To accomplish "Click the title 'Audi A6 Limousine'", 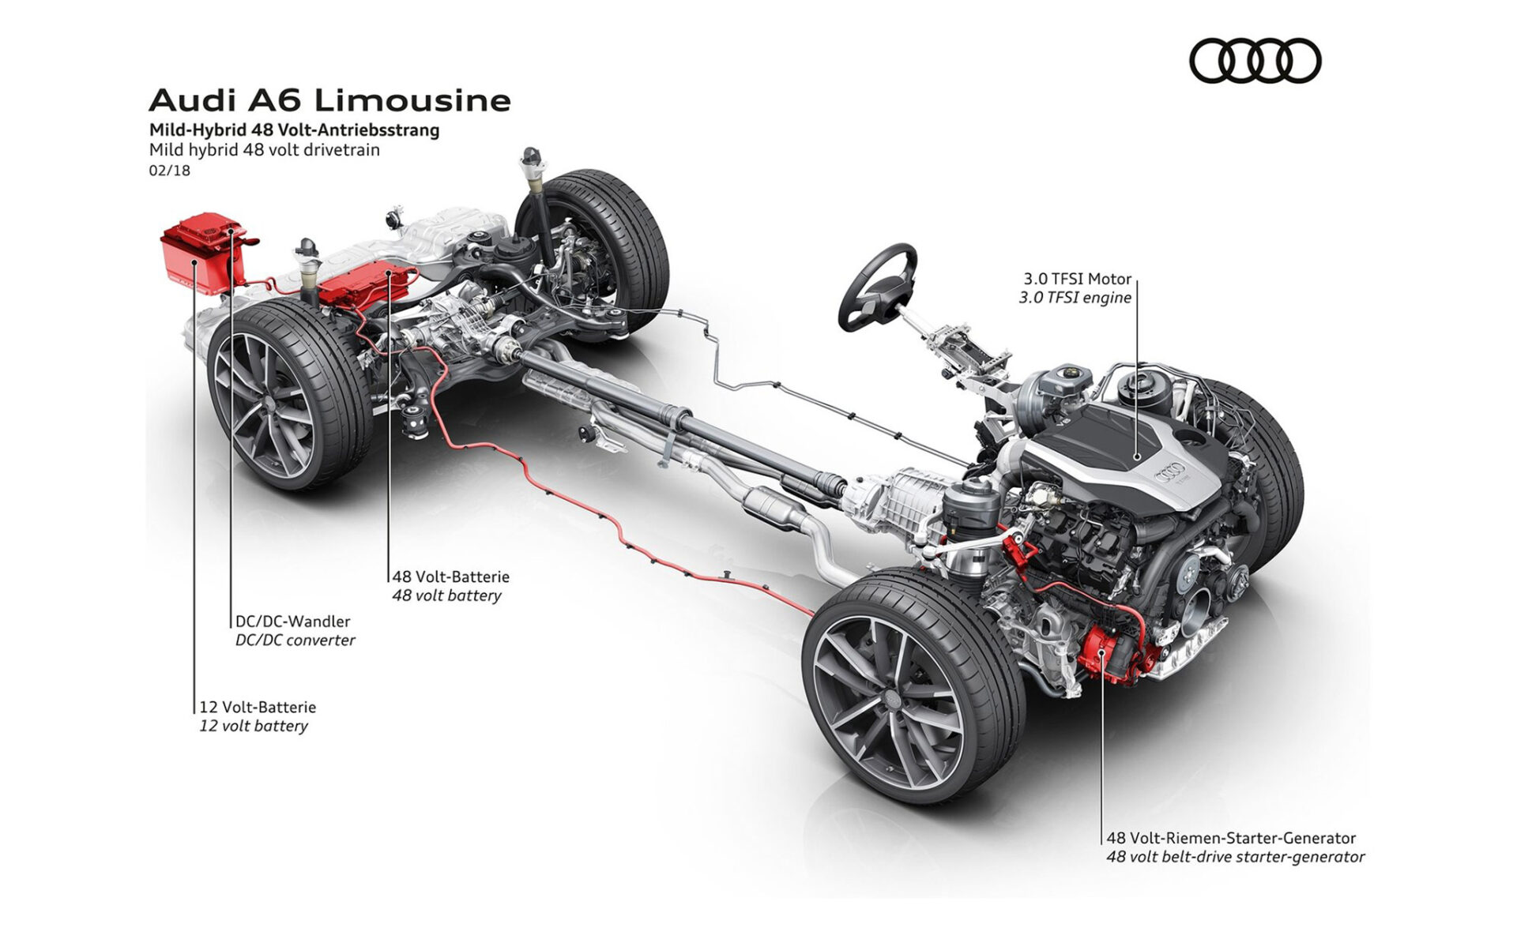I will pos(329,100).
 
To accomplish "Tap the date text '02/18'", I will pos(169,170).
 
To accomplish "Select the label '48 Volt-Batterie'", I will pos(450,577).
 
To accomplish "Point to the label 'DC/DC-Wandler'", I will pos(292,622).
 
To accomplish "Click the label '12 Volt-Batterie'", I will pos(258,707).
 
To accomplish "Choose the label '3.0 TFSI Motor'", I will pos(1078,279).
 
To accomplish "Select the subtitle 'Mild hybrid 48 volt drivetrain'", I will pos(264,149).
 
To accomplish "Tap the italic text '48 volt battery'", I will pos(446,595).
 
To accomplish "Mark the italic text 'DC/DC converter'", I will pos(295,640).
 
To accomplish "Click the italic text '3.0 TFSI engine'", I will pos(1075,298).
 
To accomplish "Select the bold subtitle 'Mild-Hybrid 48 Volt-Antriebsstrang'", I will pos(294,130).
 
